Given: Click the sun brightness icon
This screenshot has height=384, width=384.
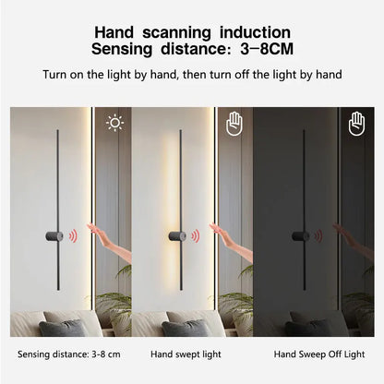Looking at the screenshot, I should [x=114, y=123].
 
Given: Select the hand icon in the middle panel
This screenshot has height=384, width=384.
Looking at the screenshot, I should [x=234, y=124].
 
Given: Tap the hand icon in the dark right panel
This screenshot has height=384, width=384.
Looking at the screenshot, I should [x=356, y=124].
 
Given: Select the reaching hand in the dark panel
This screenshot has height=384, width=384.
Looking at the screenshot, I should [x=353, y=242].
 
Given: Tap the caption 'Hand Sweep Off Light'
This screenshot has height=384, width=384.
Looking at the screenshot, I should [x=319, y=354].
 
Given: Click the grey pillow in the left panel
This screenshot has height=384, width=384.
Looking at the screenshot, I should [x=58, y=326].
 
